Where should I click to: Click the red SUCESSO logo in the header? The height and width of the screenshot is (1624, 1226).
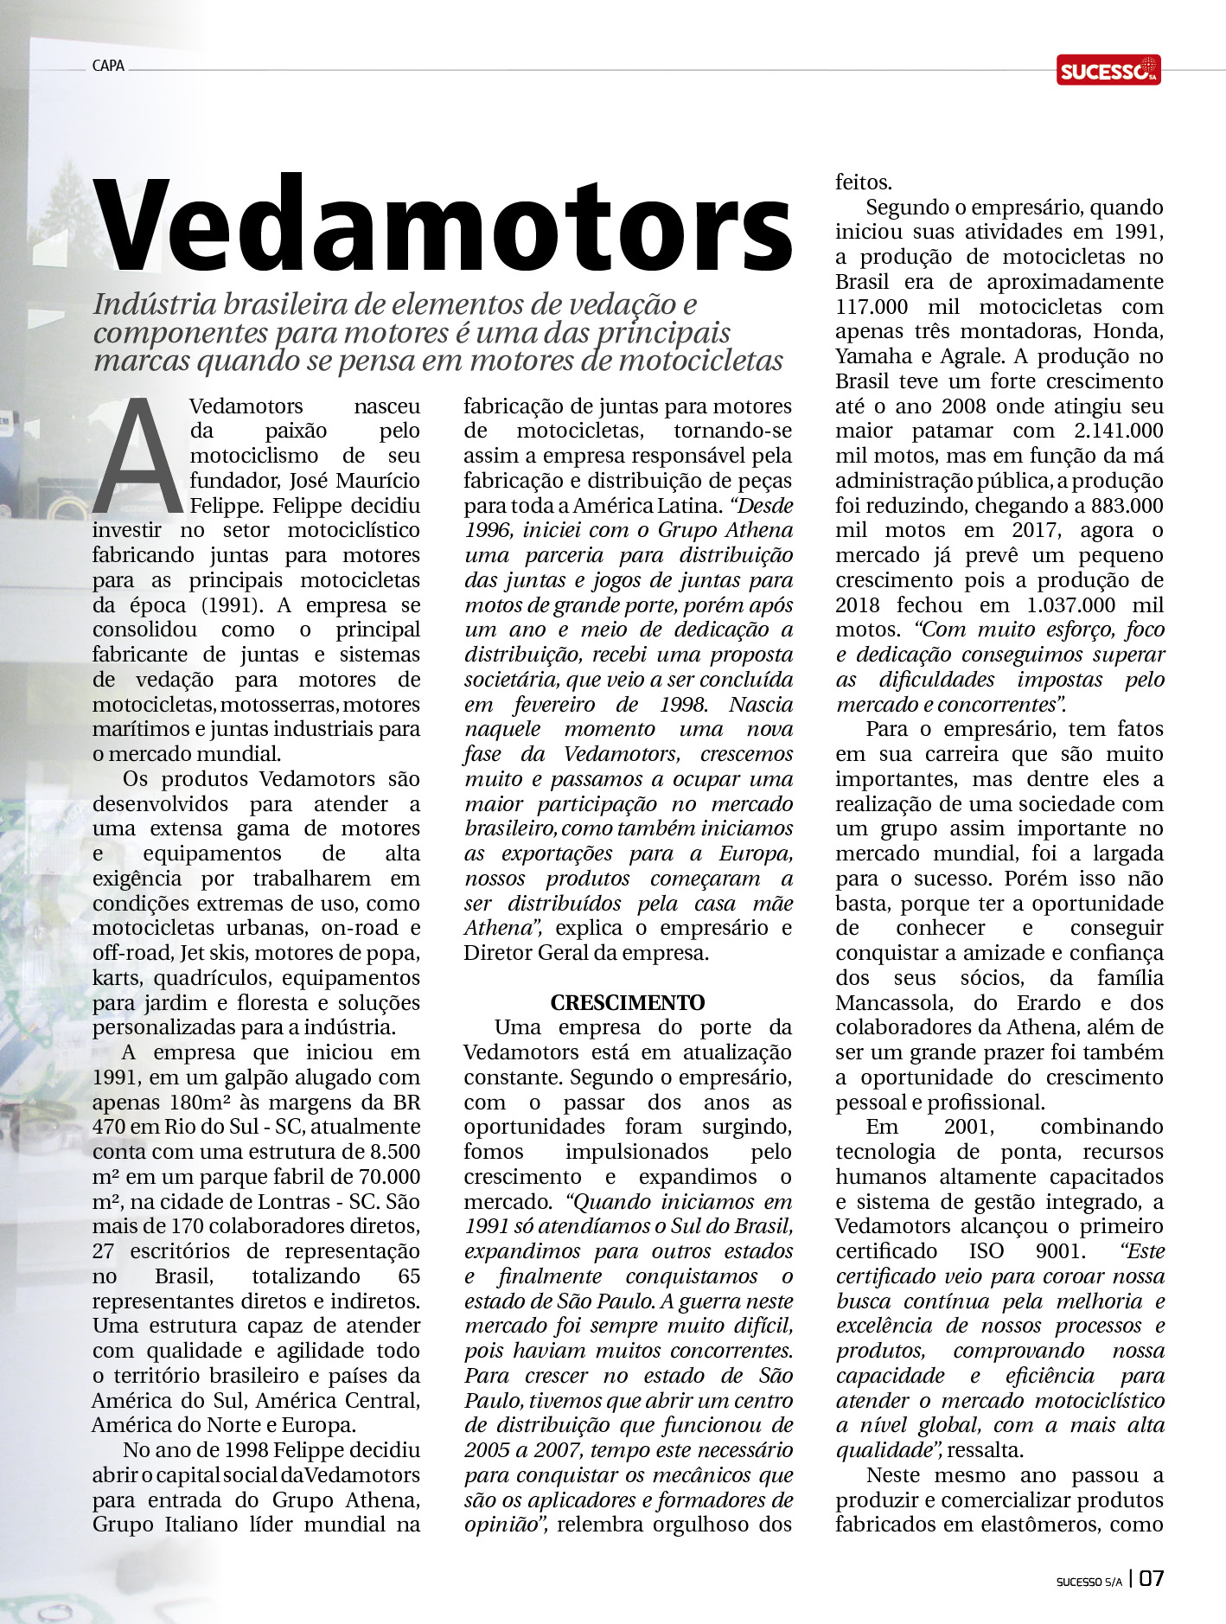1108,70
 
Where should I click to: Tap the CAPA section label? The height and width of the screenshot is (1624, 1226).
108,66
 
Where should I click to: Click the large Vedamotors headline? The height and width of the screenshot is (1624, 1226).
443,224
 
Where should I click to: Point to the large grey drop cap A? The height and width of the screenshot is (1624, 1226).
137,457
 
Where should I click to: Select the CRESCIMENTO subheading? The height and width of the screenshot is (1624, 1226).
628,1003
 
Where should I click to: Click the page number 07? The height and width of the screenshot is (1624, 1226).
1151,1579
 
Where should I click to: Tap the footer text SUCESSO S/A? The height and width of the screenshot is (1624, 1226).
1089,1582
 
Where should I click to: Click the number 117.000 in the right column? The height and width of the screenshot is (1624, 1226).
872,307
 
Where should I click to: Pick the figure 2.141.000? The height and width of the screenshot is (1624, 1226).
1119,432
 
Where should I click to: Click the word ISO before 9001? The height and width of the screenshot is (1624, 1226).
987,1251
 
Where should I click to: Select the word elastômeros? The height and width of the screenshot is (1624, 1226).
1030,1525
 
